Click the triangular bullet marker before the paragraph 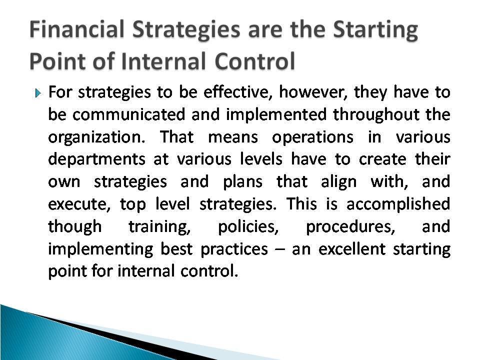[37, 93]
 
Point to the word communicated [129, 114]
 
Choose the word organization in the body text [96, 137]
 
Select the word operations [312, 137]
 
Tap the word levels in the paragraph [261, 159]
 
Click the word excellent [351, 249]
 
